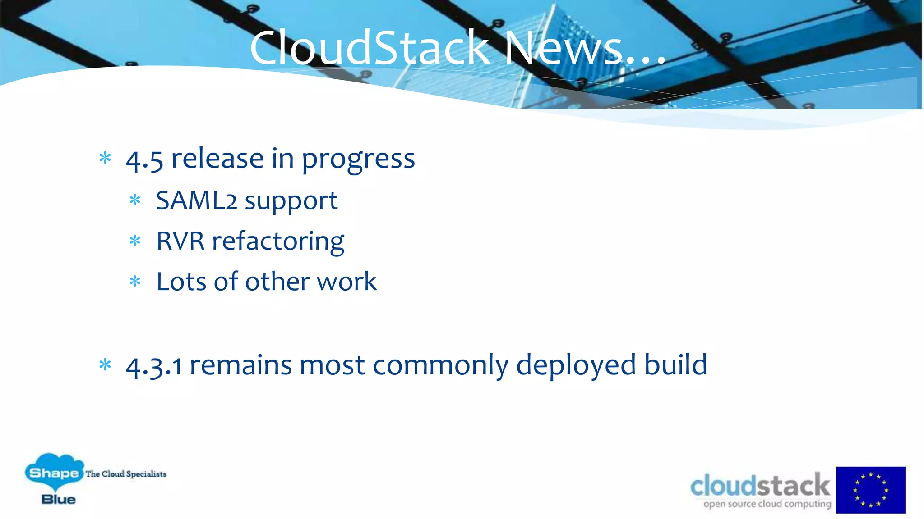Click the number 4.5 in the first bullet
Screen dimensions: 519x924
144,160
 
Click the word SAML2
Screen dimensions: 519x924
196,201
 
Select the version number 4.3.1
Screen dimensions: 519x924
154,366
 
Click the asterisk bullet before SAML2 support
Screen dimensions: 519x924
135,200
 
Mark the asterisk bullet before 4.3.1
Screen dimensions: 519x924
105,364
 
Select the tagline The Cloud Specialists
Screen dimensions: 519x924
126,474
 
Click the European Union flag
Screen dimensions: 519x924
870,490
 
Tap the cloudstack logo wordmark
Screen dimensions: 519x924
760,486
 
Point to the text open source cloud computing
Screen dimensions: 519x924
767,504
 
